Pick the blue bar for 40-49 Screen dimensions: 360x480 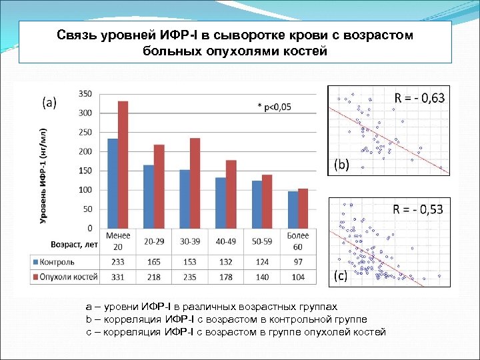221,203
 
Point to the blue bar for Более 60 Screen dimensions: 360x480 293,210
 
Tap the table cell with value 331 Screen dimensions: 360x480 117,276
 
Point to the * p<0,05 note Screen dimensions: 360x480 274,106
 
